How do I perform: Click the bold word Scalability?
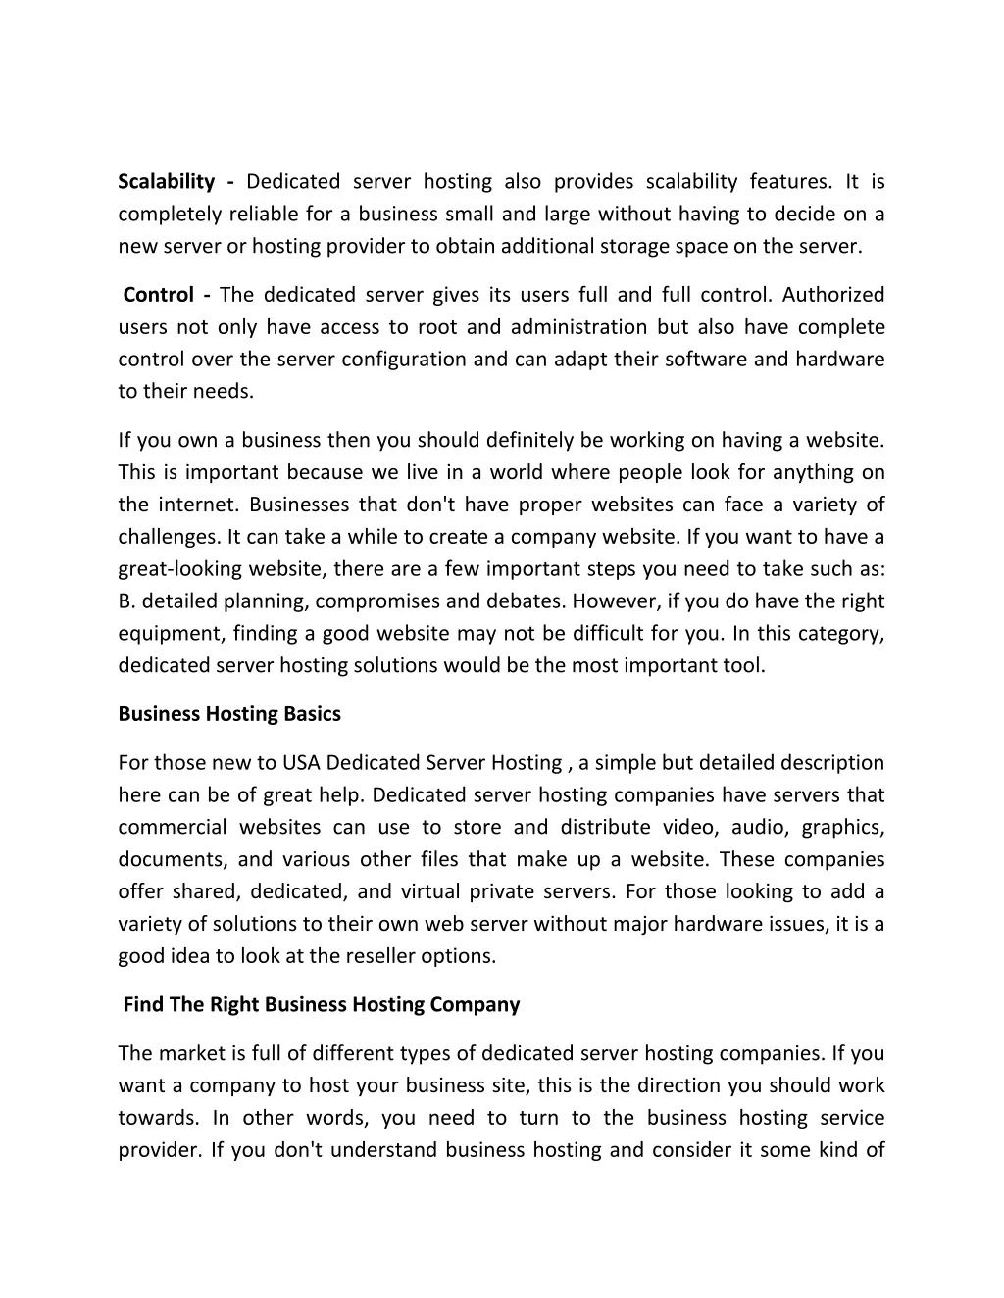166,182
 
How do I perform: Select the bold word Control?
158,295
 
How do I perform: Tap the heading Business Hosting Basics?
229,714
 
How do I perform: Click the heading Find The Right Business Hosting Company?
322,1005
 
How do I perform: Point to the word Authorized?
833,295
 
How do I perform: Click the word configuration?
405,360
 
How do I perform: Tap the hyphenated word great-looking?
179,569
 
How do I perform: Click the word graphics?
843,828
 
